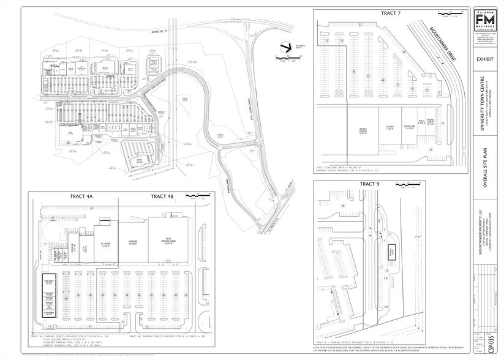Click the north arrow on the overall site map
[284, 45]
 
